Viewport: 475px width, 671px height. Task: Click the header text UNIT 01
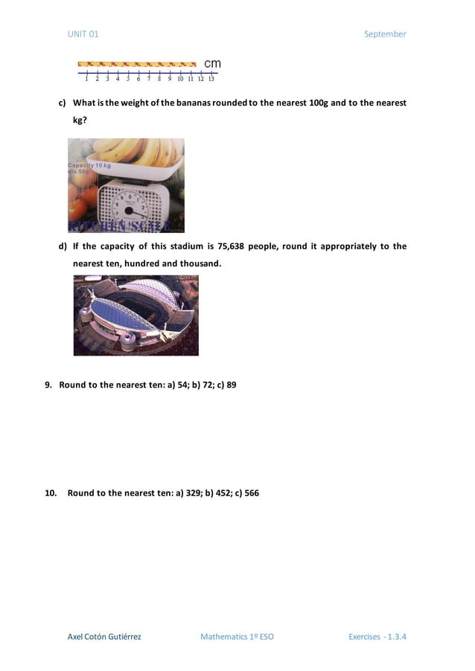pos(83,34)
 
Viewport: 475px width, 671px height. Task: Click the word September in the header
pos(385,34)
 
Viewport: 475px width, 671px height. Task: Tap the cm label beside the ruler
pos(212,64)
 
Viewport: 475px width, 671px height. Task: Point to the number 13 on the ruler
pos(211,78)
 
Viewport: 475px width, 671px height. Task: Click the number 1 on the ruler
pos(87,78)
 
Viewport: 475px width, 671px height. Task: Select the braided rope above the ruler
pos(137,64)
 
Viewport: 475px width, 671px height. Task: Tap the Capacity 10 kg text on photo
pos(89,165)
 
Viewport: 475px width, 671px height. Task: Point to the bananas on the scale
pos(141,152)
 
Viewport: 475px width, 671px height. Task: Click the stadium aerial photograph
pos(136,315)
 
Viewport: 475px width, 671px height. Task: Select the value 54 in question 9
pos(182,385)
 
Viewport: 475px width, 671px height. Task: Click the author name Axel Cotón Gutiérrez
pos(104,637)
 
